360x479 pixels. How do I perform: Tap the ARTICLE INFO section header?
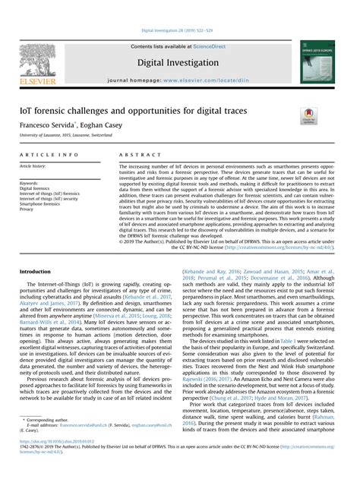(x=49, y=154)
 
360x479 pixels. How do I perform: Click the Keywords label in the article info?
(x=29, y=183)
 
